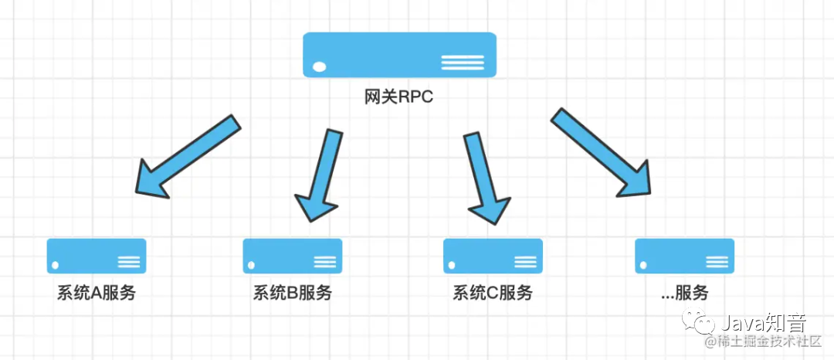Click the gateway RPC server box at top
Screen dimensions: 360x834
coord(399,54)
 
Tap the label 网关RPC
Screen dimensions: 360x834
coord(399,98)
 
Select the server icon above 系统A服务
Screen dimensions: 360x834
coord(97,256)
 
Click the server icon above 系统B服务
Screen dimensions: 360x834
coord(293,256)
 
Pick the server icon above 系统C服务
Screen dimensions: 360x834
coord(493,256)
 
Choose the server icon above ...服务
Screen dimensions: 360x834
coord(684,256)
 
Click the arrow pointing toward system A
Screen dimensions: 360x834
coord(185,157)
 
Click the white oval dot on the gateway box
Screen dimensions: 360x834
coord(319,67)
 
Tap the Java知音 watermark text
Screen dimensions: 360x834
coord(765,322)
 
